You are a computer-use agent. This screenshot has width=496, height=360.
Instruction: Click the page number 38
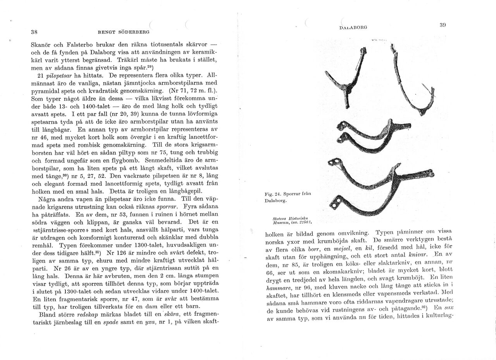click(x=34, y=32)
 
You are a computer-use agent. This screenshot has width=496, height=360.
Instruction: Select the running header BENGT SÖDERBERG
click(x=124, y=32)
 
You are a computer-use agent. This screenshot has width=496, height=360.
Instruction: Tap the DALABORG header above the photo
click(x=353, y=28)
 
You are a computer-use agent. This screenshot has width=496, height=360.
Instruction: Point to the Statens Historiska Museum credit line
click(x=293, y=221)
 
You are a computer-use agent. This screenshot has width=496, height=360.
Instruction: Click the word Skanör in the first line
click(x=42, y=44)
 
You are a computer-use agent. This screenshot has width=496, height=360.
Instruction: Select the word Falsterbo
click(x=74, y=44)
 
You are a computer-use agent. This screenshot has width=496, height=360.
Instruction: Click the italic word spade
click(x=110, y=322)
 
